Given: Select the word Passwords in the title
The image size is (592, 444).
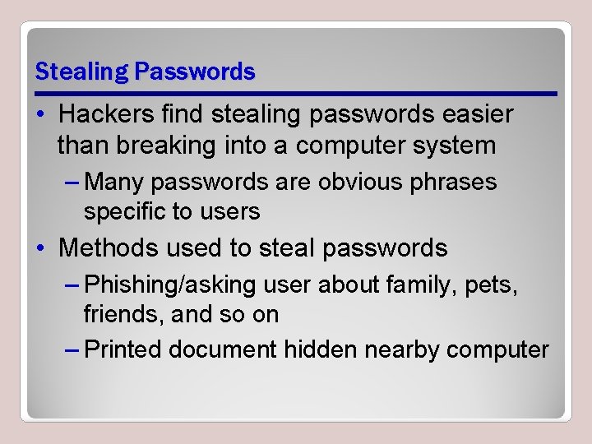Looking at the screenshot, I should tap(196, 72).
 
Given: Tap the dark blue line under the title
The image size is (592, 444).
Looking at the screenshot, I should tap(296, 93).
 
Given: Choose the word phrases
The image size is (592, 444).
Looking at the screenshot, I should tap(456, 182).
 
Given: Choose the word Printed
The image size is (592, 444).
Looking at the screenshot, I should tap(123, 349).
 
